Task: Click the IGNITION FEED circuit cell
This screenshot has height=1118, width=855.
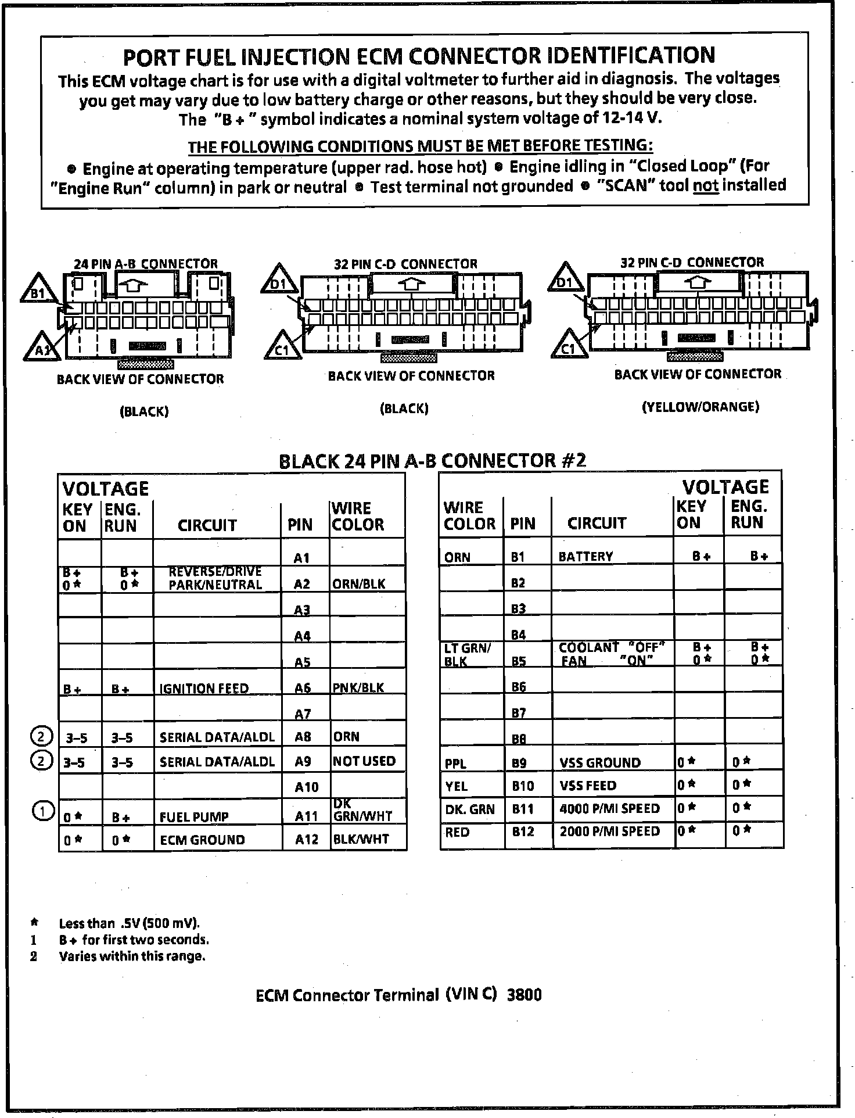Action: click(x=204, y=689)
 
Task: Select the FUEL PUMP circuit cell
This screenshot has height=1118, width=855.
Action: click(x=194, y=817)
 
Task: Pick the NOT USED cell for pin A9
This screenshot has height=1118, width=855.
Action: click(x=364, y=761)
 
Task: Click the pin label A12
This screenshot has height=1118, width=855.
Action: click(x=306, y=839)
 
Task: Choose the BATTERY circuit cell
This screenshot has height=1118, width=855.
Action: click(x=585, y=557)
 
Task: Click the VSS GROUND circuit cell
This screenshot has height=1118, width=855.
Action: click(x=600, y=762)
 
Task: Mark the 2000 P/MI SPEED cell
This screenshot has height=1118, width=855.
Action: click(x=610, y=832)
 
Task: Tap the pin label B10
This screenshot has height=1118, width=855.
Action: click(x=523, y=786)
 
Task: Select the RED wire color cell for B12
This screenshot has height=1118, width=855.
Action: click(x=457, y=832)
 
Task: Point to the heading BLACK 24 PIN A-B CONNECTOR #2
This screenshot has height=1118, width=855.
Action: click(x=433, y=461)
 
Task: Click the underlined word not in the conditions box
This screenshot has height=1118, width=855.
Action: click(x=706, y=186)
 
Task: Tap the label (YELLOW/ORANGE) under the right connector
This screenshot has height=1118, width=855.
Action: click(x=700, y=407)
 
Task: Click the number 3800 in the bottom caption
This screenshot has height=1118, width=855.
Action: click(x=524, y=995)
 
